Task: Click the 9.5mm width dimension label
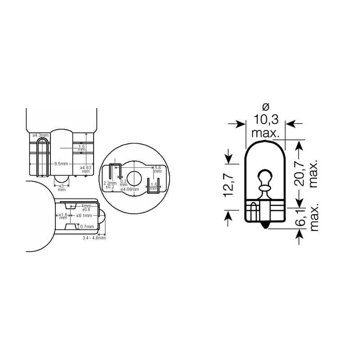pos(61,163)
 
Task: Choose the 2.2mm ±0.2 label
pos(110,185)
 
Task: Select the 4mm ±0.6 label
pos(86,207)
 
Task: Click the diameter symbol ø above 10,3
pos(265,107)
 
